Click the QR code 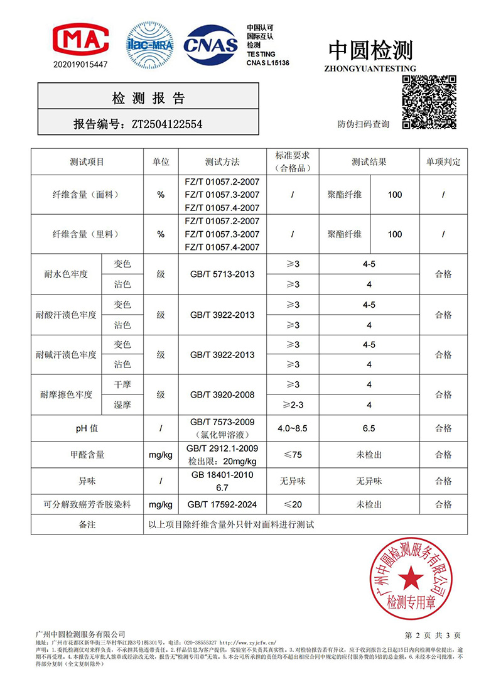tap(429, 101)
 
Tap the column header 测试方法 tap(222, 162)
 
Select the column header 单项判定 tap(443, 162)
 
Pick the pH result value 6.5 tap(369, 428)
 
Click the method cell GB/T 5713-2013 tap(222, 274)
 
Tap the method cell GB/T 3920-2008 tap(222, 395)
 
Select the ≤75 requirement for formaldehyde tap(293, 455)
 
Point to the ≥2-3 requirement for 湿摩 tap(293, 404)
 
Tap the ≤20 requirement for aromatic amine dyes tap(293, 504)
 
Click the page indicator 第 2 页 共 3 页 tap(433, 635)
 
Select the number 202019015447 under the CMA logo tap(80, 65)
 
